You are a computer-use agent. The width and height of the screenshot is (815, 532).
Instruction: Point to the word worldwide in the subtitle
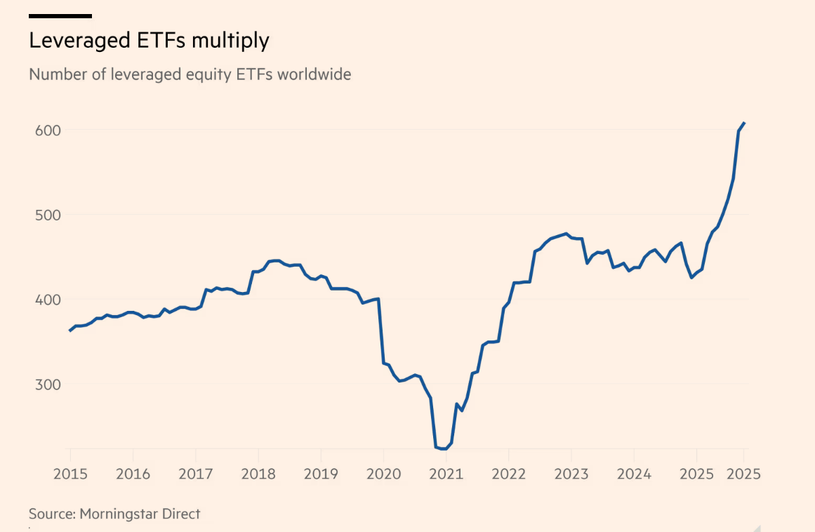tap(314, 74)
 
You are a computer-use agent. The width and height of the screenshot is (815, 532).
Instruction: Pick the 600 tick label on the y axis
tap(44, 131)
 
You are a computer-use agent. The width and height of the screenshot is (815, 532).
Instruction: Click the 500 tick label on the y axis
tap(44, 215)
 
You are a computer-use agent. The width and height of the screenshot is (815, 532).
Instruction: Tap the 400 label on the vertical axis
tap(44, 300)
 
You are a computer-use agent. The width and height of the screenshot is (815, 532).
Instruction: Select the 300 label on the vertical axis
tap(44, 385)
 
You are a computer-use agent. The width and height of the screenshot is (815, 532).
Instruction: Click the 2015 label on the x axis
tap(70, 474)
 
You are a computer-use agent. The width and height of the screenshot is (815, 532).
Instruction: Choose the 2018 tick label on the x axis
tap(258, 474)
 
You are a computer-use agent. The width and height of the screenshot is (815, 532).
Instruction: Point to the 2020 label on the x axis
tap(383, 474)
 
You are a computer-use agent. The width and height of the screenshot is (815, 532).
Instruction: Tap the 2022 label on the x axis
tap(508, 474)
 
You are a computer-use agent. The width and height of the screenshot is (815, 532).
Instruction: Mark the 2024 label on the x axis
tap(633, 474)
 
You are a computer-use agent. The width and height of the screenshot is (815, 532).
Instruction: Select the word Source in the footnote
tap(51, 514)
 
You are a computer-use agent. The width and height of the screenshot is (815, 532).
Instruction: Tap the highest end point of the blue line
tap(744, 123)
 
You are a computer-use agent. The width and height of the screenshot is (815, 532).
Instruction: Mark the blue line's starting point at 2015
tap(69, 330)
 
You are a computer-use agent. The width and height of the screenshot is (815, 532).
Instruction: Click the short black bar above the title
tap(60, 15)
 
